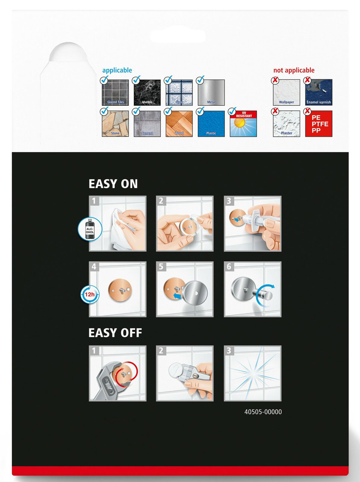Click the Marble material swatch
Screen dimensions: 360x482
point(147,92)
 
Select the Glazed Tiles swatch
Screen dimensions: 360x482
point(115,92)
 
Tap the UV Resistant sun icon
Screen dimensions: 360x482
point(243,124)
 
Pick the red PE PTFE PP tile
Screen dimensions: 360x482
point(318,124)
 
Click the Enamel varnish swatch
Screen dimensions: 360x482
point(318,92)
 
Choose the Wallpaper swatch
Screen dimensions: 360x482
point(286,92)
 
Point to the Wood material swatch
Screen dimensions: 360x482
point(179,124)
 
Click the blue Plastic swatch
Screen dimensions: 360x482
point(211,124)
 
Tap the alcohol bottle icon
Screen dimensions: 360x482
point(90,229)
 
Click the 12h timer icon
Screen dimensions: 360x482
point(90,294)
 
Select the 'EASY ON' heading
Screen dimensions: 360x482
point(113,184)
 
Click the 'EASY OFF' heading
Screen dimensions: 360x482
point(115,333)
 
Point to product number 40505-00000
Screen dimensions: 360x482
point(263,412)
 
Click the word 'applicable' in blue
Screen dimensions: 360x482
point(117,70)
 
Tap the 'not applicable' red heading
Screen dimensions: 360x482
point(294,70)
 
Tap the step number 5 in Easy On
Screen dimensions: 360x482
point(161,266)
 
